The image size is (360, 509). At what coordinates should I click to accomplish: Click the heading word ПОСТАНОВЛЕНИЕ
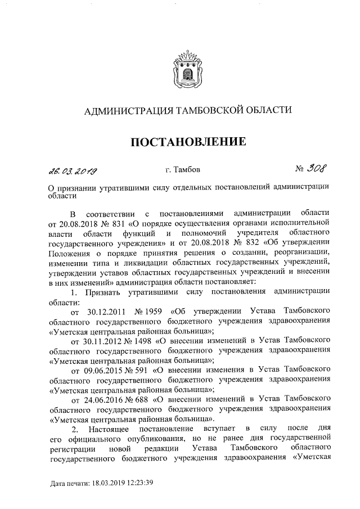point(188,141)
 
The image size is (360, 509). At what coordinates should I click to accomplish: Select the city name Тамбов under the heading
point(186,169)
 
